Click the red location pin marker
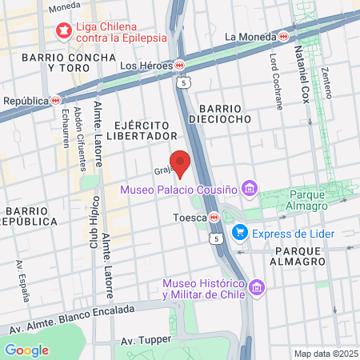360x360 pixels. click(x=180, y=162)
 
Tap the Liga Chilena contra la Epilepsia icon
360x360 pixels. click(x=62, y=30)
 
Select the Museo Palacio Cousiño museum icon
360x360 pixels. click(x=250, y=190)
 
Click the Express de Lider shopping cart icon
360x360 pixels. click(x=238, y=233)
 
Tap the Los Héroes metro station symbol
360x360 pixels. click(x=181, y=65)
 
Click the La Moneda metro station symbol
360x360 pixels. click(x=283, y=36)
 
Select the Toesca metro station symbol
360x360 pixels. click(x=214, y=217)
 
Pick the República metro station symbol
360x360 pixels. click(x=55, y=101)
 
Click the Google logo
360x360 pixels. click(x=26, y=350)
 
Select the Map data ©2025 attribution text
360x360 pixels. click(x=326, y=354)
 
